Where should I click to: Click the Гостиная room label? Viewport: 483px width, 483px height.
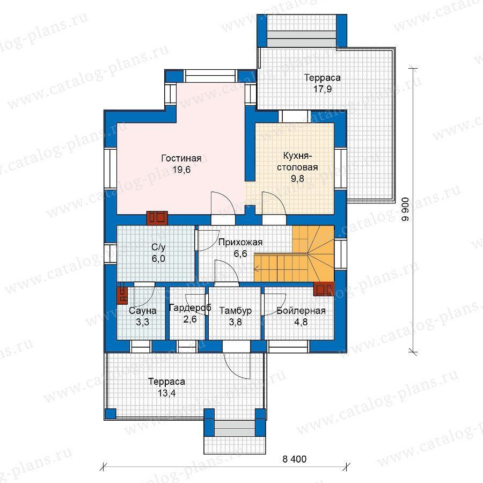[181, 158]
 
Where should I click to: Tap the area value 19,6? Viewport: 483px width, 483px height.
[181, 170]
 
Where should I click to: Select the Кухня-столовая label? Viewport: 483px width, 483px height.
[297, 162]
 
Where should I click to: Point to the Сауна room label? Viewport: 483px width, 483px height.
[142, 311]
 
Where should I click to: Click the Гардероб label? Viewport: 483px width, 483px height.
[190, 308]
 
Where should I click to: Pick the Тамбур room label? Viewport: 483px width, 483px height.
[236, 311]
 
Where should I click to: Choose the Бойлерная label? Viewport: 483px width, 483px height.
[301, 311]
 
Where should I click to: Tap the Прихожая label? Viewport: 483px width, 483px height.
[240, 243]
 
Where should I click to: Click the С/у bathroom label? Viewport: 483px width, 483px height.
[158, 247]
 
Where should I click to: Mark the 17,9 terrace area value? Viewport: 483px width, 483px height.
[323, 89]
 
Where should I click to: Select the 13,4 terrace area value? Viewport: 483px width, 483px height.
[167, 393]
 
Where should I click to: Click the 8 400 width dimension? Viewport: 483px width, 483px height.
[295, 459]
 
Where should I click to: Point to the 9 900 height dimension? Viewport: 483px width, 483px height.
[405, 209]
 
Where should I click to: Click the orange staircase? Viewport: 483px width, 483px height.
[294, 253]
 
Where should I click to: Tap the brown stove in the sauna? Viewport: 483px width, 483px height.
[122, 295]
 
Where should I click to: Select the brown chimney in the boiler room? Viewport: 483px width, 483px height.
[324, 289]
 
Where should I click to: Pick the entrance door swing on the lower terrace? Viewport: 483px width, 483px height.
[237, 364]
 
